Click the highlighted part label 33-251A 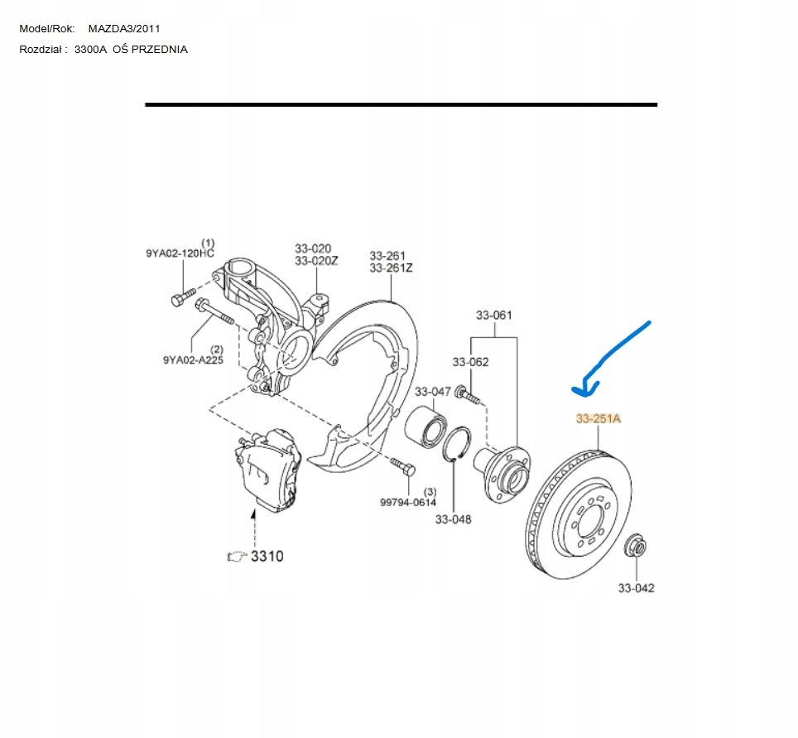pyautogui.click(x=598, y=419)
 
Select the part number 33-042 pyautogui.click(x=636, y=588)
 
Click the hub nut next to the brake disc pyautogui.click(x=636, y=547)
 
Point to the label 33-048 pyautogui.click(x=453, y=519)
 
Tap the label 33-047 pyautogui.click(x=432, y=392)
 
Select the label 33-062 pyautogui.click(x=470, y=362)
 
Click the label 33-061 pyautogui.click(x=493, y=315)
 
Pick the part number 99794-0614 pyautogui.click(x=408, y=502)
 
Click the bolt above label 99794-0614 pyautogui.click(x=403, y=466)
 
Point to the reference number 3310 pyautogui.click(x=267, y=556)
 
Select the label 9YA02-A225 pyautogui.click(x=192, y=359)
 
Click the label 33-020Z pyautogui.click(x=316, y=261)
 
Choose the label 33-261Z pyautogui.click(x=391, y=268)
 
